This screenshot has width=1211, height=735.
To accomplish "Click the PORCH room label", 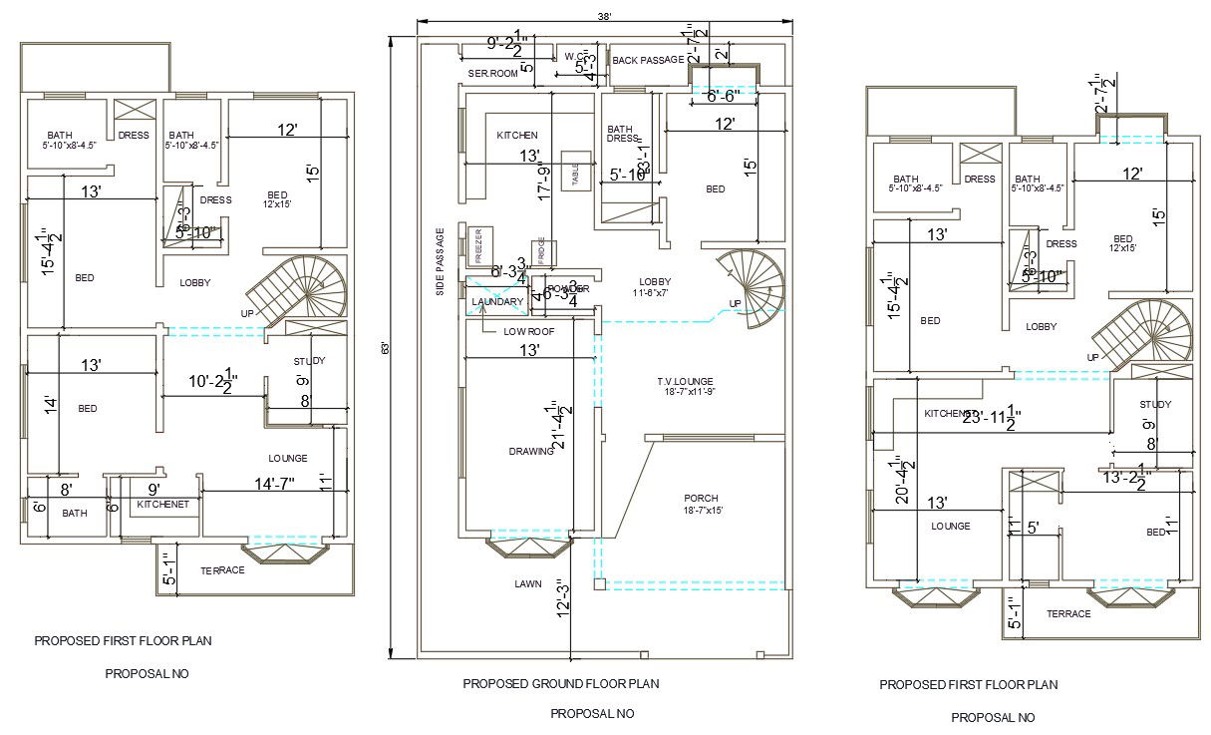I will [701, 498].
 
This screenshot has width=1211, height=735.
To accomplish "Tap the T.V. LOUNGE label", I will [685, 382].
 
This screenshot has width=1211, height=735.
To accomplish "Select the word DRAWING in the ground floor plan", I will [531, 451].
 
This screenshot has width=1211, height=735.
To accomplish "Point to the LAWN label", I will [527, 583].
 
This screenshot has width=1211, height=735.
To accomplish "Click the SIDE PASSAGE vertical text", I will [440, 262].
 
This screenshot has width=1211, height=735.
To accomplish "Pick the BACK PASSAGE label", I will [648, 61].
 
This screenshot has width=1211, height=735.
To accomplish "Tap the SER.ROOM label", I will [492, 74].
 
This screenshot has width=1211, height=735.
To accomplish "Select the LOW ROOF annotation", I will [528, 331].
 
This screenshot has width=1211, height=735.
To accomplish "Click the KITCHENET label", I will [162, 505].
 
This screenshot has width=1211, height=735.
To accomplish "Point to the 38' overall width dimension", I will [604, 15].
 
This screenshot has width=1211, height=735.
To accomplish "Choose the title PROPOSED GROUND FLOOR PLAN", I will [560, 684].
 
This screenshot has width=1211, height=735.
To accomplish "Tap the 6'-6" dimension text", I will [724, 97].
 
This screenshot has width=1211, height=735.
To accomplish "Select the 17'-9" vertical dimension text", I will [545, 184].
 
